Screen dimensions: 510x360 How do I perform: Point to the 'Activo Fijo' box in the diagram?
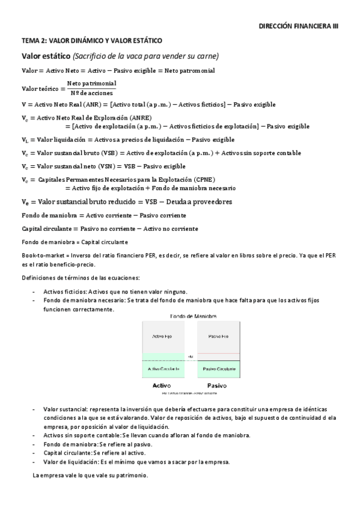coord(161,336)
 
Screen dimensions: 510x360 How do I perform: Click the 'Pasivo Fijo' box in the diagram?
coord(218,336)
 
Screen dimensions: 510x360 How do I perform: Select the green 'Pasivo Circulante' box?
coord(218,368)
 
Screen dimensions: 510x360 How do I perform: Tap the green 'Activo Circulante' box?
coord(161,368)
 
